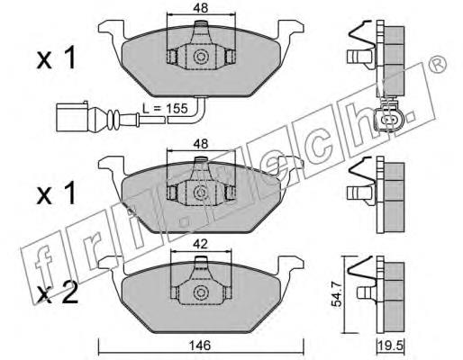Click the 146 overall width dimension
(201, 346)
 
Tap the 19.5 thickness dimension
(391, 346)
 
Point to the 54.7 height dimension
(337, 295)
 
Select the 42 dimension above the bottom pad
(201, 245)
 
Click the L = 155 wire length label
(165, 108)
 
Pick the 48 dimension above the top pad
(201, 8)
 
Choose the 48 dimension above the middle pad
(201, 144)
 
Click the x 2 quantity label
(57, 292)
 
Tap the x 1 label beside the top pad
(56, 58)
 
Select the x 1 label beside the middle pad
(56, 194)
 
